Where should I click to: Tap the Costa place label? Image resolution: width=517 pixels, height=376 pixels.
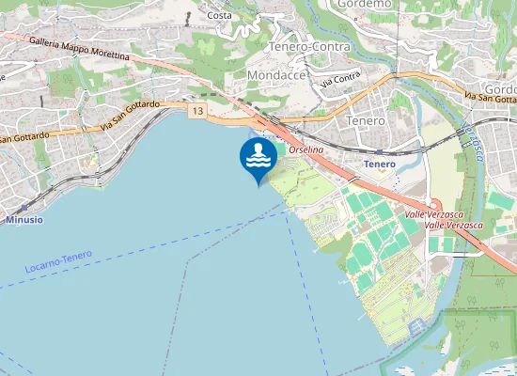pyautogui.click(x=219, y=15)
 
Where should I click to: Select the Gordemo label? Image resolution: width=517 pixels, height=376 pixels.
pyautogui.click(x=362, y=5)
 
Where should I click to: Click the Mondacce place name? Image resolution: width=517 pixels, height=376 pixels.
pyautogui.click(x=273, y=73)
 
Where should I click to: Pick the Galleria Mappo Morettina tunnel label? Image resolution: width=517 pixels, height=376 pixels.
pyautogui.click(x=79, y=49)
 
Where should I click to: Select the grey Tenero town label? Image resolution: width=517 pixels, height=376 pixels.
pyautogui.click(x=366, y=121)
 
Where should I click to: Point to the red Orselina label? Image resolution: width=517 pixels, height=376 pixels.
pyautogui.click(x=306, y=150)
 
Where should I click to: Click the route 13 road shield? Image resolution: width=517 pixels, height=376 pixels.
pyautogui.click(x=196, y=111)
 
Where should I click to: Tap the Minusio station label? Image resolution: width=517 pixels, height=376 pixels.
pyautogui.click(x=24, y=220)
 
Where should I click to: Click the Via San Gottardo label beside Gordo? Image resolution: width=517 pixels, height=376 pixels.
pyautogui.click(x=491, y=98)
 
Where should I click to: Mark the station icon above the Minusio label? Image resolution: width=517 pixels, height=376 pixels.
pyautogui.click(x=22, y=209)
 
